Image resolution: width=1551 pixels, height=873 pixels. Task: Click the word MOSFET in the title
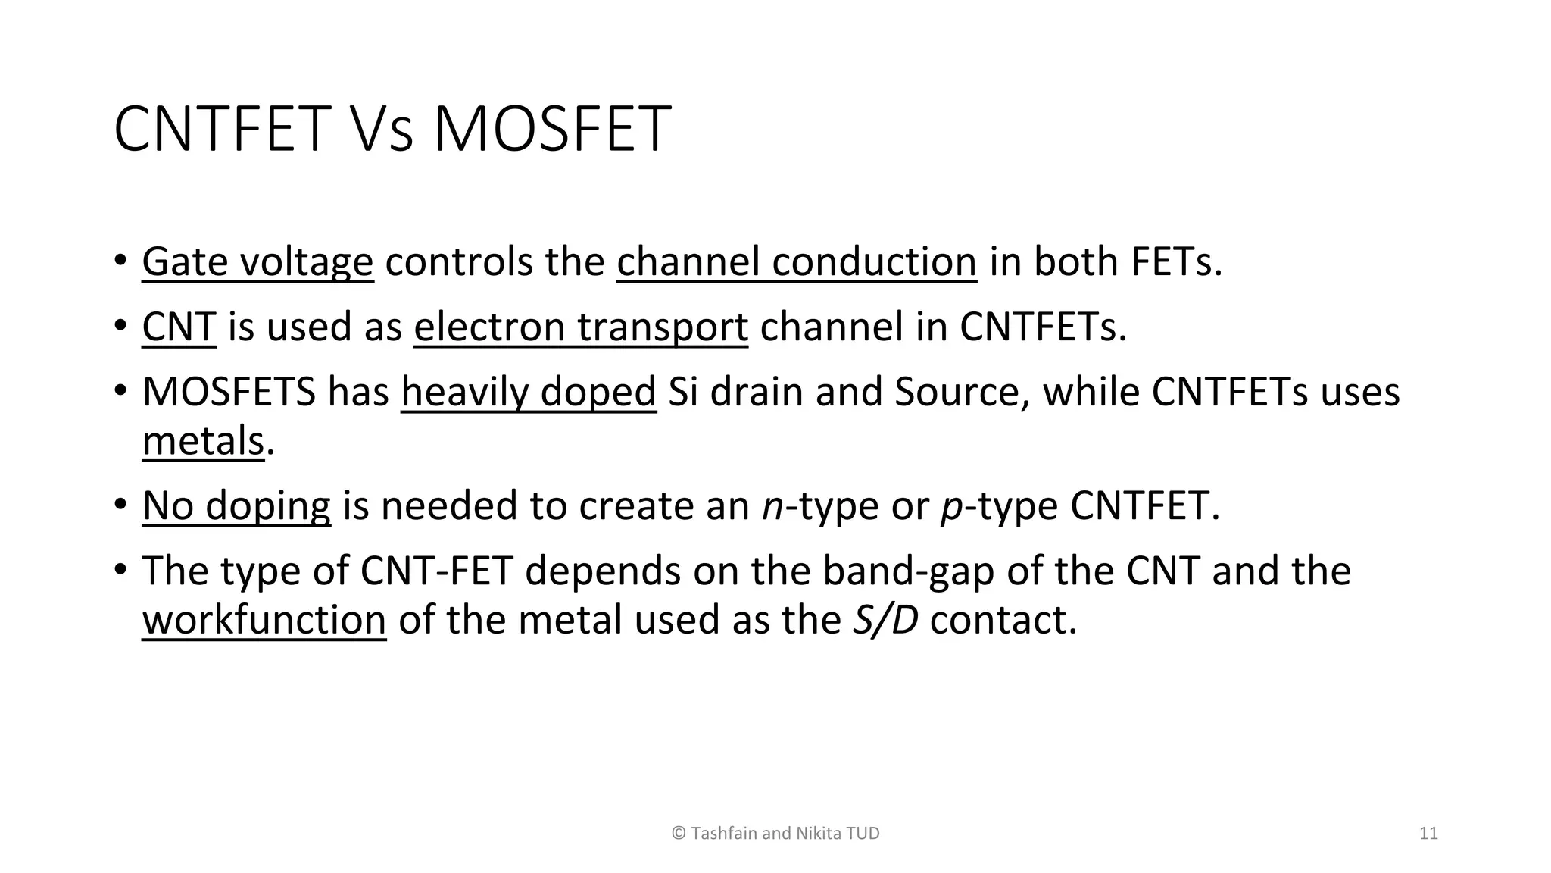551,129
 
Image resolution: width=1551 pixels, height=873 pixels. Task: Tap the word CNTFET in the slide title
222,129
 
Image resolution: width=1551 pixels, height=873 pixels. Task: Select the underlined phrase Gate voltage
257,262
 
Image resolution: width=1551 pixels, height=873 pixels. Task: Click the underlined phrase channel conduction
796,262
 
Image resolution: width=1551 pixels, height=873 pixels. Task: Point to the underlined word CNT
179,327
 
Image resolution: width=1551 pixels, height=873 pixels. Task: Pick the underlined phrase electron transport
581,327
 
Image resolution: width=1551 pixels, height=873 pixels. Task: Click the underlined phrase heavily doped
528,393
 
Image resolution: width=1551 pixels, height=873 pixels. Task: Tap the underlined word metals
203,441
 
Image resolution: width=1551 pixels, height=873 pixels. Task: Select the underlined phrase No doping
236,505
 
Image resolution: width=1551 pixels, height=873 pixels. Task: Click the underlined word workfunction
264,620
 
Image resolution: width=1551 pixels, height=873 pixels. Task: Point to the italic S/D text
885,620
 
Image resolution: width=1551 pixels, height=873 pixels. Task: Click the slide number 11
1428,834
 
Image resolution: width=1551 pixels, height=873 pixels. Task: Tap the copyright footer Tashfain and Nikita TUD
775,834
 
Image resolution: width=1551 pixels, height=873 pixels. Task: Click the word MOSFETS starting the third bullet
229,393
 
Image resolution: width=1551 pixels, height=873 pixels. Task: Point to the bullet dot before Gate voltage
120,261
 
